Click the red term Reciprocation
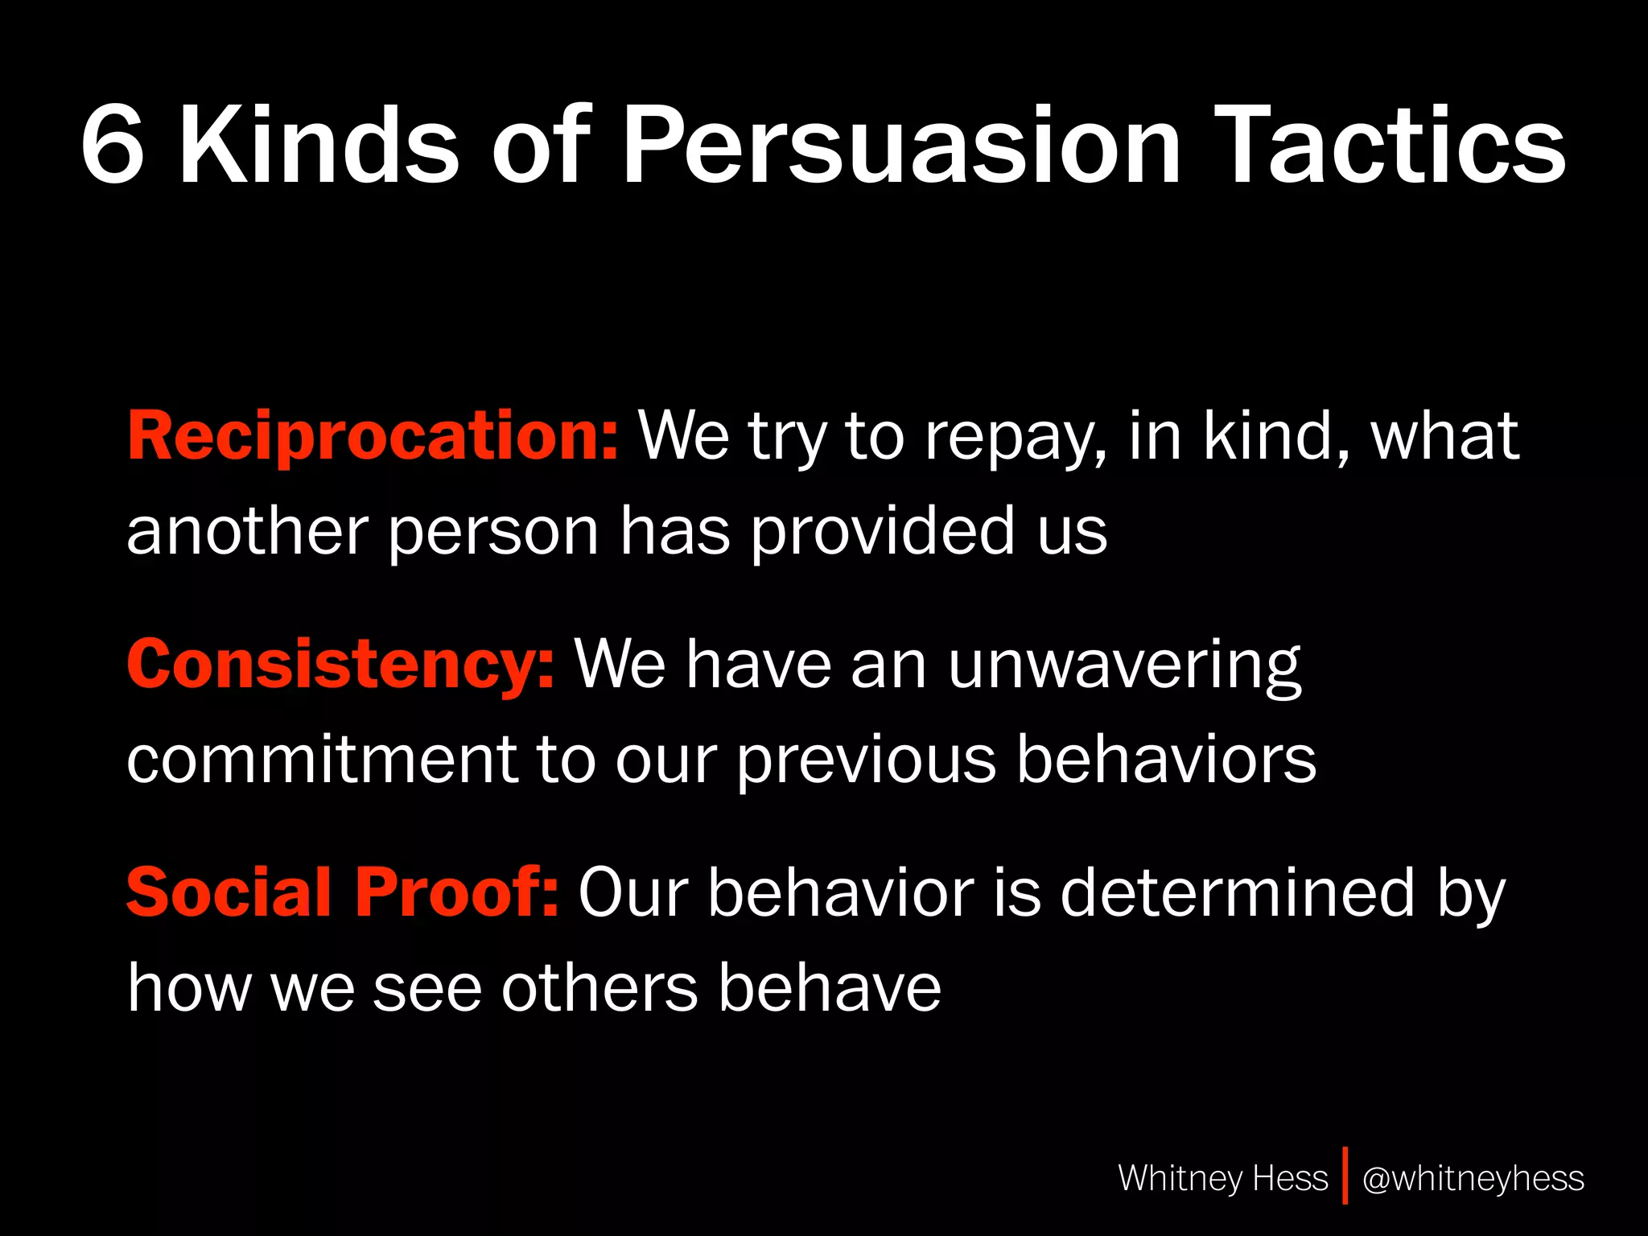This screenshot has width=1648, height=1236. pos(373,435)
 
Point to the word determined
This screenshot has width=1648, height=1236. pos(1238,892)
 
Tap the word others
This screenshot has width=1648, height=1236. pos(599,988)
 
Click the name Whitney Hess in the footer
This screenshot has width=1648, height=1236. pos(1222,1178)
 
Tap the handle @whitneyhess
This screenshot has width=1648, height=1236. pos(1473,1178)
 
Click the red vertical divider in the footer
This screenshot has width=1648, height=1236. pos(1345,1176)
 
